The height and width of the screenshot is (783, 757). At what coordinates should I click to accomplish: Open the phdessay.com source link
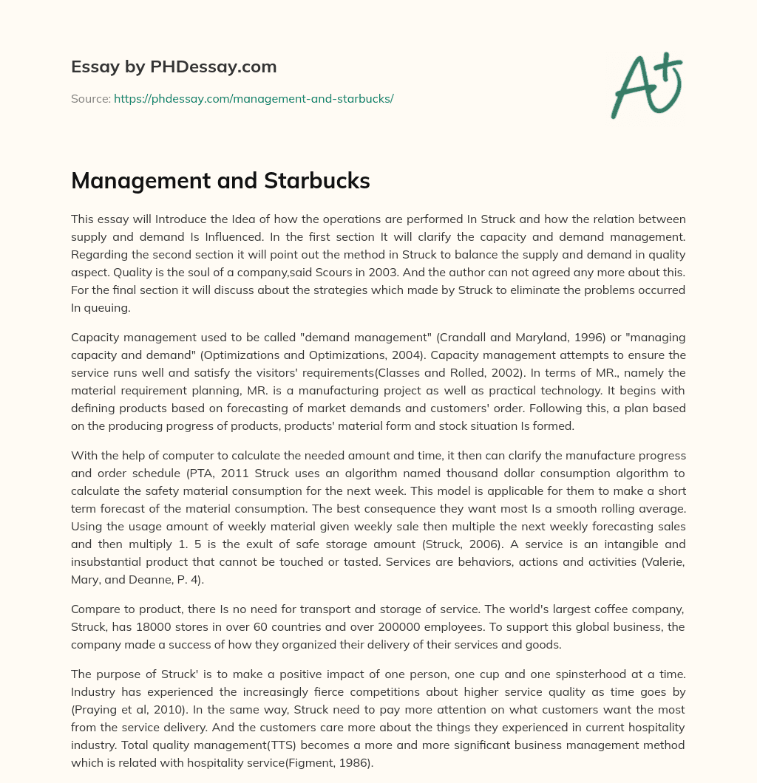(254, 98)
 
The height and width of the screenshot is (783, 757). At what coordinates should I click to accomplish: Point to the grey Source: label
(90, 98)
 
